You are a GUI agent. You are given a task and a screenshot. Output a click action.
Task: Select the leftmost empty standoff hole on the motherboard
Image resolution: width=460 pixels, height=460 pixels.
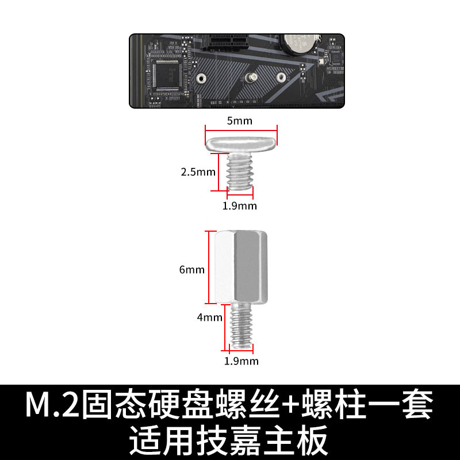point(200,78)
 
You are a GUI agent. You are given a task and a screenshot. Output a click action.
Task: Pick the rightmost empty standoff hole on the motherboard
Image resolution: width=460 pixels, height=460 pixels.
point(281,77)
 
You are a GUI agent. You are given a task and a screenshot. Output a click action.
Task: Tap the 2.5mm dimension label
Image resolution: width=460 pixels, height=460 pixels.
point(198,171)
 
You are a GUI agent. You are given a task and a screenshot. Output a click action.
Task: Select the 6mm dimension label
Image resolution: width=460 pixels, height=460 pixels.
point(192,269)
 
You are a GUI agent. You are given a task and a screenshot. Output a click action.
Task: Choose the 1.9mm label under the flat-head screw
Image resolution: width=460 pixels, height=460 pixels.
point(240,205)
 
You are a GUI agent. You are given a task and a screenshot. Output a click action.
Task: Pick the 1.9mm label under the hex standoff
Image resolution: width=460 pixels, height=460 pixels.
point(241,361)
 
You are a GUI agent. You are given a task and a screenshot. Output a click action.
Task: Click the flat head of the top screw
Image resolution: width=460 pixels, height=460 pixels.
point(241,141)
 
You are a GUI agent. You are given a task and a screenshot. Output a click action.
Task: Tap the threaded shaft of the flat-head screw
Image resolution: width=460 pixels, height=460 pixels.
point(240,170)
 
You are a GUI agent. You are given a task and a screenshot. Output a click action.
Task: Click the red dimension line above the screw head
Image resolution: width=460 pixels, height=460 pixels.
point(241,129)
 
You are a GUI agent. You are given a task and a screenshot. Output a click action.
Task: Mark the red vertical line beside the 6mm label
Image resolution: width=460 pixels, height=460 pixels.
point(208,267)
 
